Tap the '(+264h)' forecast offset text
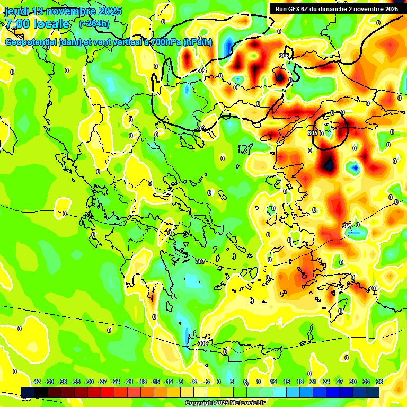click(x=94, y=24)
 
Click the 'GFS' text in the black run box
click(x=295, y=9)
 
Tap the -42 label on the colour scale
click(x=37, y=382)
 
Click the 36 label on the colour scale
click(x=379, y=382)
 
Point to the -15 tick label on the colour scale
click(x=155, y=382)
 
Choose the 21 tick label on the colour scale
click(x=313, y=382)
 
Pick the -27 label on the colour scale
click(x=103, y=382)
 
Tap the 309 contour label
click(x=203, y=343)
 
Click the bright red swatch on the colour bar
click(x=108, y=392)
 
